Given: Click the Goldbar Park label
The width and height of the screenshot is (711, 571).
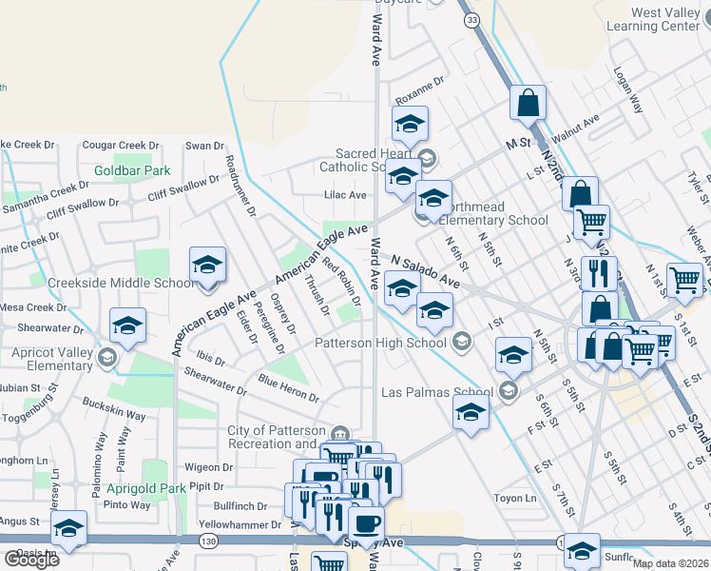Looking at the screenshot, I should click(x=131, y=171).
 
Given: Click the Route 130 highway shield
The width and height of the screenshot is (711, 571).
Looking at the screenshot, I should click(x=206, y=541).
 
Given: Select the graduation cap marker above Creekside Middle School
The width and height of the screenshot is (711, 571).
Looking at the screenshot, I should click(x=207, y=266).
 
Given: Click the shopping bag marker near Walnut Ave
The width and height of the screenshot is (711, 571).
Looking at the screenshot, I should click(x=527, y=105).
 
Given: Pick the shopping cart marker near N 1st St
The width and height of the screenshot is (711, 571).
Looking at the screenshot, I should click(x=684, y=280).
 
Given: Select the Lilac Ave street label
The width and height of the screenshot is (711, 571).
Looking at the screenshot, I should click(x=345, y=195).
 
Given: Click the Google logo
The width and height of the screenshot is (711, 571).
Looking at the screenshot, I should click(x=31, y=560).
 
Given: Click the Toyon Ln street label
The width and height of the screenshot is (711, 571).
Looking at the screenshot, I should click(x=516, y=498).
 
